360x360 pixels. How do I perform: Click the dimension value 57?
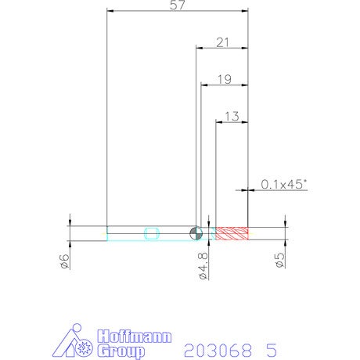click(x=178, y=5)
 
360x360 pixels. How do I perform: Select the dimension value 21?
click(x=222, y=42)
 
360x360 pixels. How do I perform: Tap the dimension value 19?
click(x=225, y=79)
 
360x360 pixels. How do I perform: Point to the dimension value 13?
click(x=232, y=117)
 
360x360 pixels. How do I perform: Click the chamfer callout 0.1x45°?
click(x=284, y=184)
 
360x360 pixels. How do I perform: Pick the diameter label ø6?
click(x=64, y=261)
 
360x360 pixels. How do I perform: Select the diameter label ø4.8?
click(x=203, y=266)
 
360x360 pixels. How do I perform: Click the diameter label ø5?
click(x=279, y=261)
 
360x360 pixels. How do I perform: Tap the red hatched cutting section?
click(x=232, y=233)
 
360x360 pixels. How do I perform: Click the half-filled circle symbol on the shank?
click(x=196, y=233)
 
